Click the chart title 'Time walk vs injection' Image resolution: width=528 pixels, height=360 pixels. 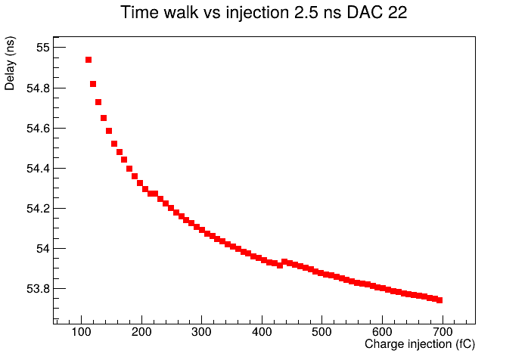[205, 13]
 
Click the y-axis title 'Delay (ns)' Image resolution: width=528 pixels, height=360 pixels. [10, 64]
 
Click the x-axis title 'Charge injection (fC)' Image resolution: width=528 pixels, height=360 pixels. [420, 344]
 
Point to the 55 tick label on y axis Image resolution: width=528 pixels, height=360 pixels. [43, 48]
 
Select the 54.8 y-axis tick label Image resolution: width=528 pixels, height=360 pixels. [38, 88]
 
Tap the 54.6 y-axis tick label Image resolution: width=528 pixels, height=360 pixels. [38, 129]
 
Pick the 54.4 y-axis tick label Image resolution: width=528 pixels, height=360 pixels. [38, 169]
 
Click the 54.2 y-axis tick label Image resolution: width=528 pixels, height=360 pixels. [38, 209]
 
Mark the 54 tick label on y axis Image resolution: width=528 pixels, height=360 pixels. [43, 249]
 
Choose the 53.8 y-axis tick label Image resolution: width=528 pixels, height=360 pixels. [38, 289]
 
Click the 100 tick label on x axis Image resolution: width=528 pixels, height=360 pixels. [81, 332]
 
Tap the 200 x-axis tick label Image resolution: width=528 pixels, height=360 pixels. [141, 332]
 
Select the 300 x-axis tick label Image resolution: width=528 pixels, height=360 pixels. [201, 332]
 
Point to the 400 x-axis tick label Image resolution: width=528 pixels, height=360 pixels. [262, 332]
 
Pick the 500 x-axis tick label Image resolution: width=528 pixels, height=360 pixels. [322, 332]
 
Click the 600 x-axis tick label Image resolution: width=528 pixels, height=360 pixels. [382, 332]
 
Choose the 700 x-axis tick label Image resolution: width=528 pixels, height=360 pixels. [443, 332]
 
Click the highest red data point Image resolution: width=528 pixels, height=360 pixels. [89, 60]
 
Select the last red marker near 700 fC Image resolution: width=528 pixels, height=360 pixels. [439, 300]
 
